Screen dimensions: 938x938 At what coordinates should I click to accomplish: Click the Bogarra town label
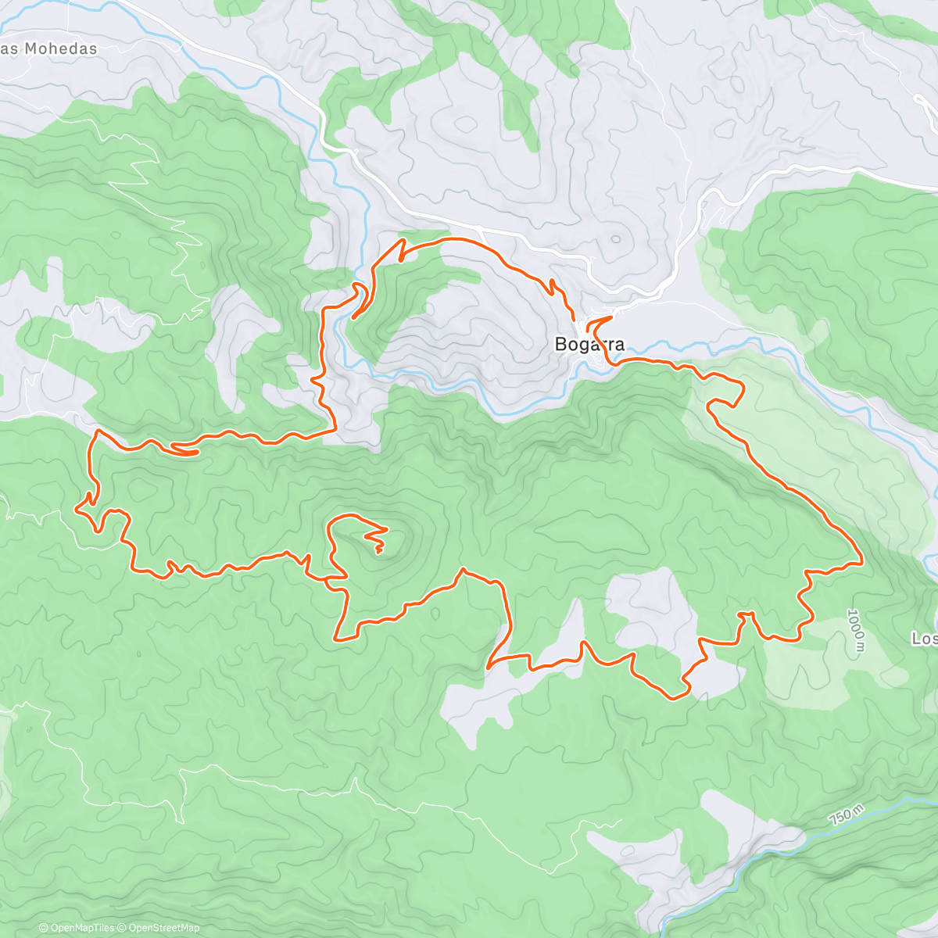coord(589,344)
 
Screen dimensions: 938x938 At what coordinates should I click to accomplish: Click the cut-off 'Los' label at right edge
coord(924,639)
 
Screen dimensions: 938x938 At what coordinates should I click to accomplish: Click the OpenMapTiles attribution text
coord(77,928)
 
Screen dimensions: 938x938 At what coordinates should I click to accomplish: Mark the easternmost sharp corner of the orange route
coord(861,561)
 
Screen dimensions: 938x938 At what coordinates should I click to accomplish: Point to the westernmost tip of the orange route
coord(76,509)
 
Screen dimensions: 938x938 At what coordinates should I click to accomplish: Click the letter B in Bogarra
coord(560,344)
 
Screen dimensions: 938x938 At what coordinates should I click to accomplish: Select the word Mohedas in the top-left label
coord(61,48)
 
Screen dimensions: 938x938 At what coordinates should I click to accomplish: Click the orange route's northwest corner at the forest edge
coord(96,431)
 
